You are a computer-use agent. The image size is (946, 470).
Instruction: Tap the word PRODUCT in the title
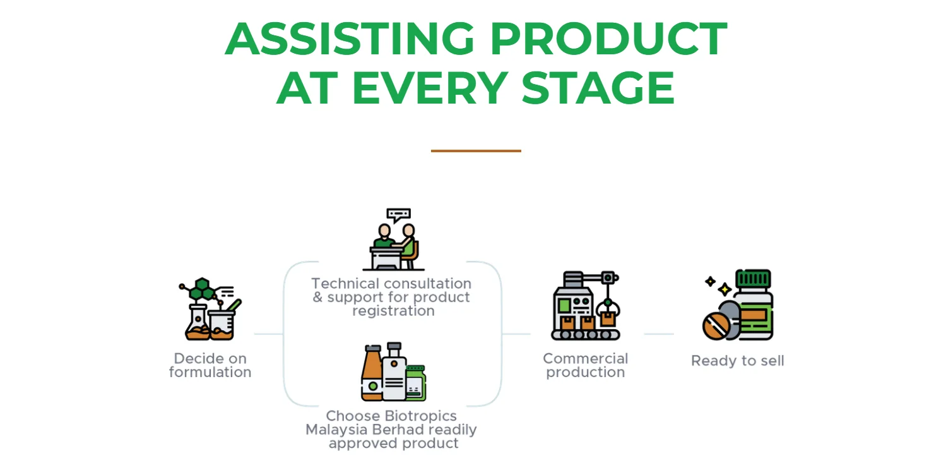[x=608, y=39]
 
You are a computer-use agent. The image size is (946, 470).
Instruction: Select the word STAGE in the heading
[x=598, y=88]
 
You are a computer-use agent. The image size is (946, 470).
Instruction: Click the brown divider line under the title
[x=476, y=151]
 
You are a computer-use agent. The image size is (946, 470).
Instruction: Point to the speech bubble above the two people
[x=398, y=215]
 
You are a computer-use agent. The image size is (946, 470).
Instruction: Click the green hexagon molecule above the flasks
[x=201, y=289]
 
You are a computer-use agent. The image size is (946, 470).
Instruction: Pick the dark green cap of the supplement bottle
[x=753, y=279]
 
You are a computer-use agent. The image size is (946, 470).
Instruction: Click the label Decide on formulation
[x=210, y=365]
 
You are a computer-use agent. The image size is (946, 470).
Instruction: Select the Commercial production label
[x=585, y=365]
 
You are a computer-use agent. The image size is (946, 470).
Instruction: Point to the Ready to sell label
[x=737, y=361]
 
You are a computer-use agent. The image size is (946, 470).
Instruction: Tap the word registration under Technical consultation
[x=393, y=311]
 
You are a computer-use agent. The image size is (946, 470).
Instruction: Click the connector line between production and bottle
[x=659, y=334]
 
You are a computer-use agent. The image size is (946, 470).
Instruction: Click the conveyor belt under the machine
[x=585, y=335]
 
